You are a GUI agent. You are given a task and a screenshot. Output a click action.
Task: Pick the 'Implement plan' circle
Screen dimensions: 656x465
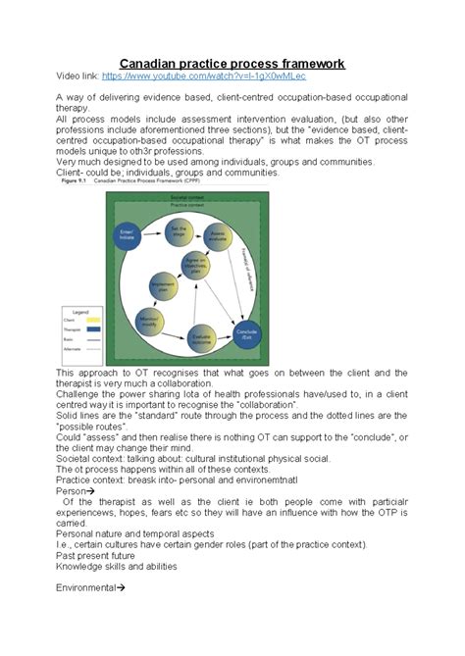(162, 287)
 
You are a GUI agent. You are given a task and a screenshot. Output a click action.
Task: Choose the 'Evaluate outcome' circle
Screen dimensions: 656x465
(201, 335)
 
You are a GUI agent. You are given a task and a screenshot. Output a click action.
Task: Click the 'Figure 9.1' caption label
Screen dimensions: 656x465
(75, 180)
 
